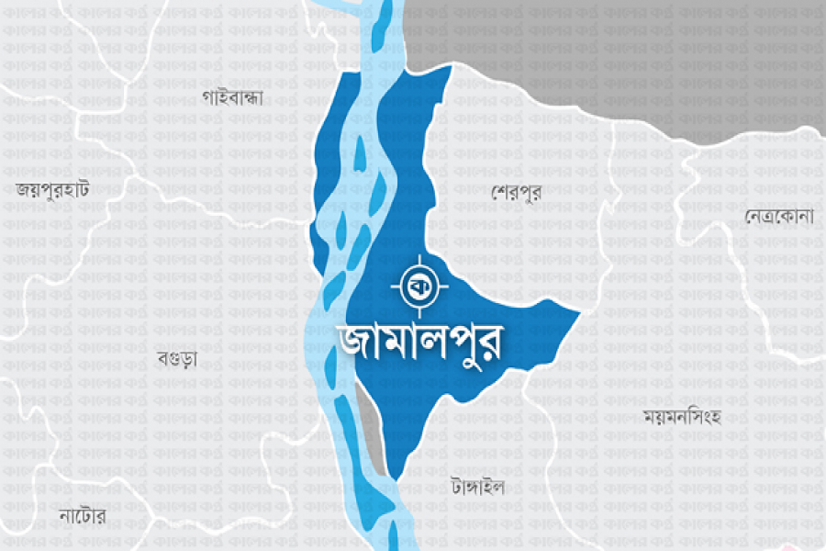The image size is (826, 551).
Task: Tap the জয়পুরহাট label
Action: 52,190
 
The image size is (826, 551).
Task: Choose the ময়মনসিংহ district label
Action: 682,416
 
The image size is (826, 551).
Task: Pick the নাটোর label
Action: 82,516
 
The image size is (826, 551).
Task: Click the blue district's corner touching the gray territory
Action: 448,70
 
